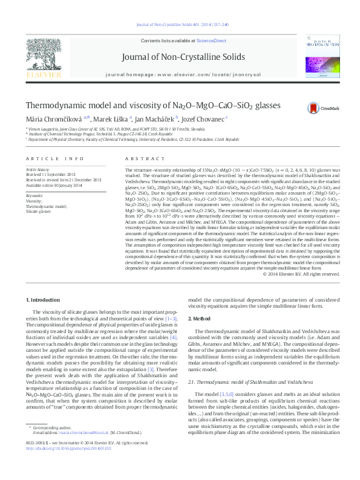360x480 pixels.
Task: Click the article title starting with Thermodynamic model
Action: [145, 105]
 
